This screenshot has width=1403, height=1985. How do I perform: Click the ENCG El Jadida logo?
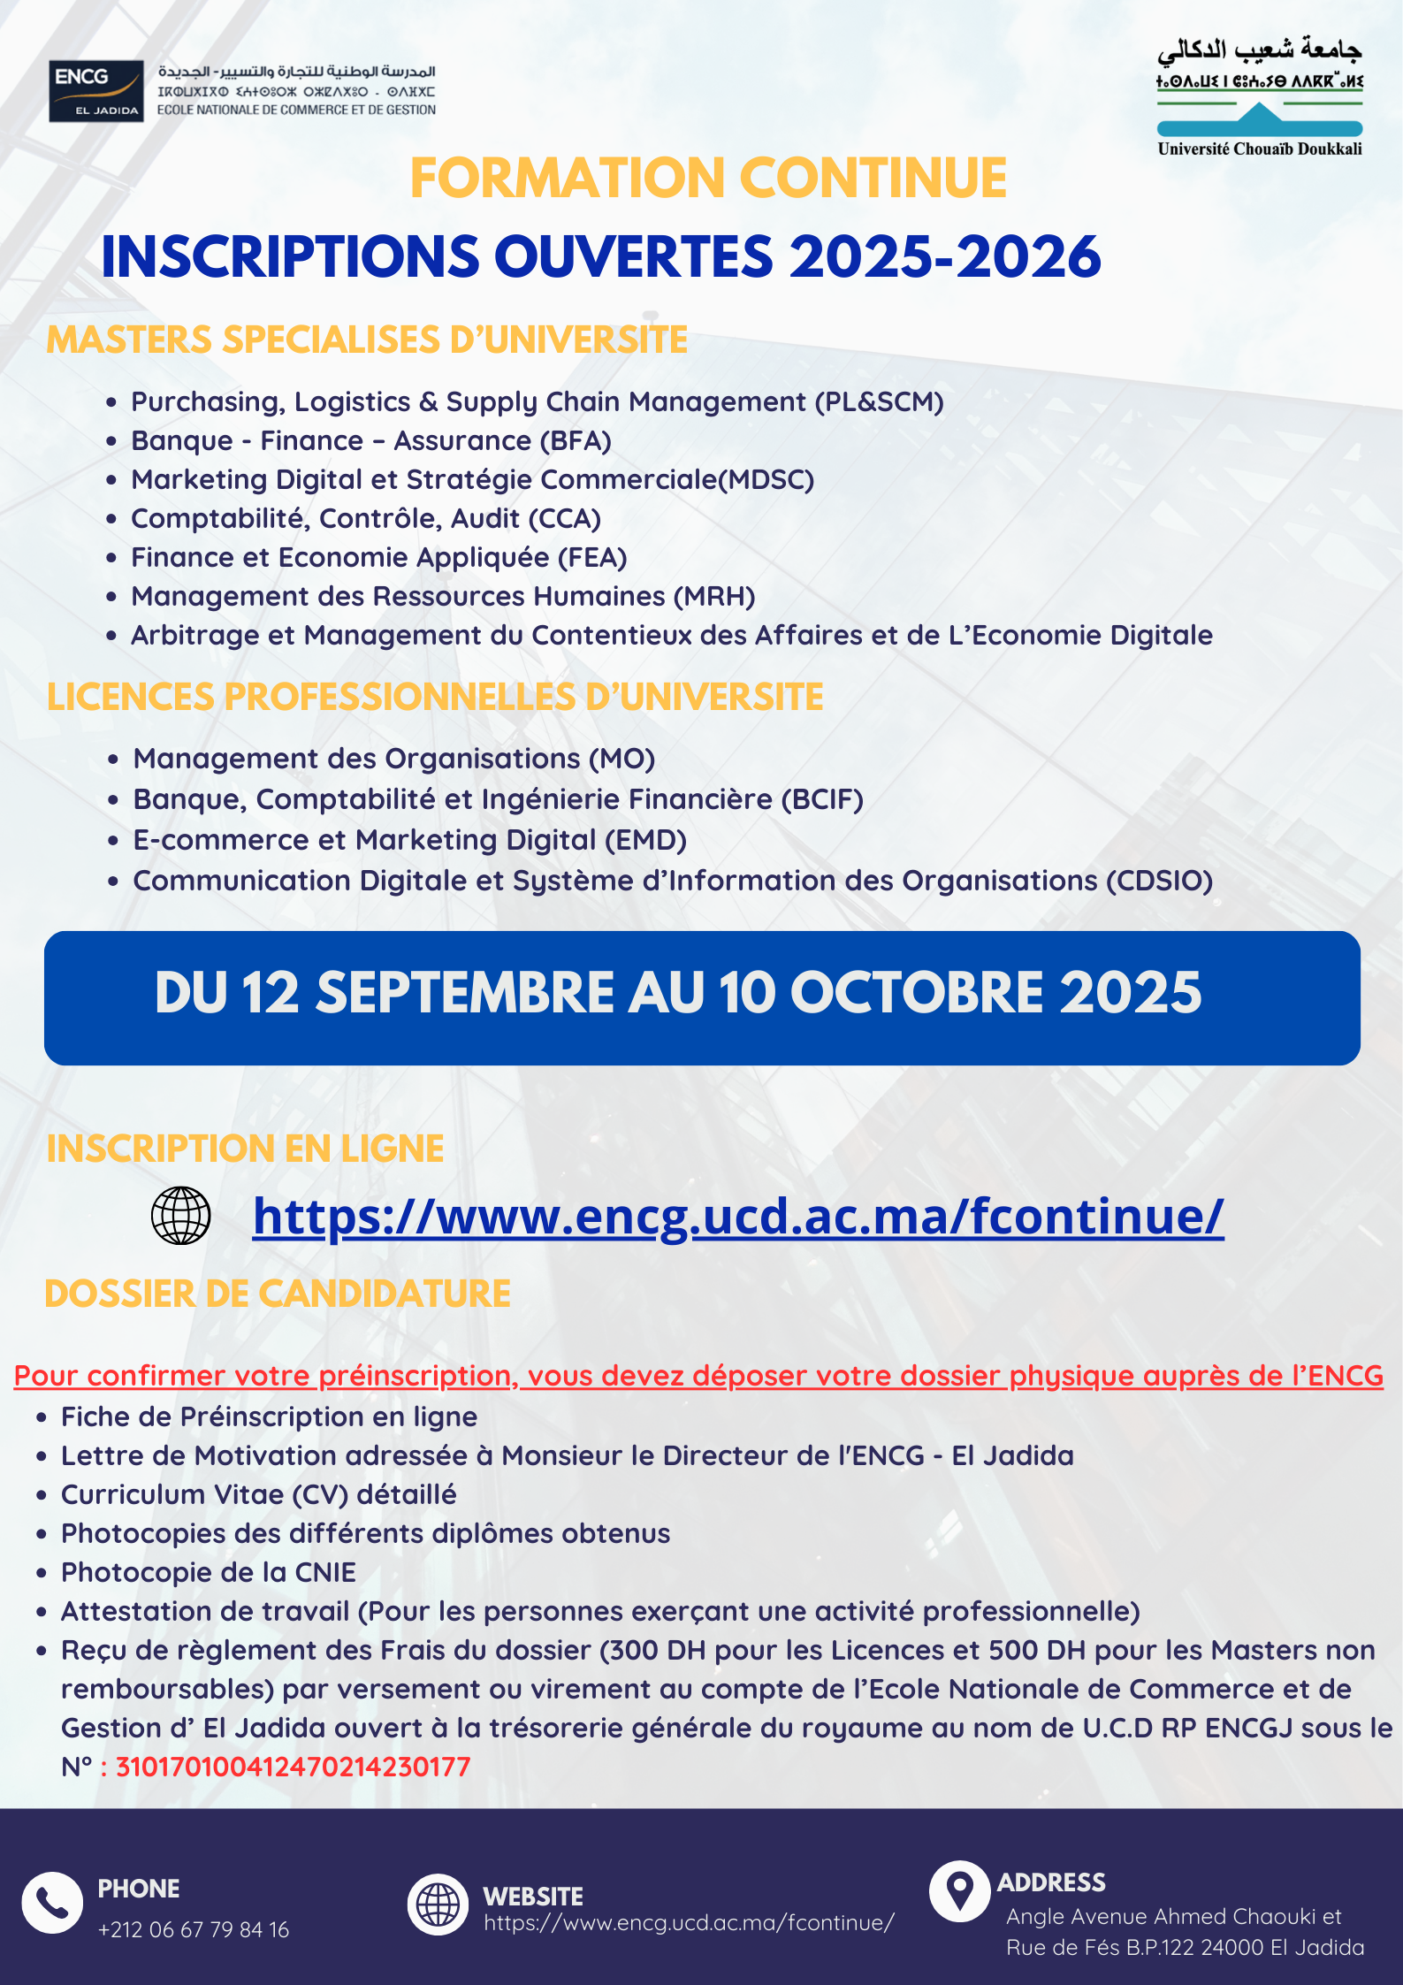pyautogui.click(x=96, y=91)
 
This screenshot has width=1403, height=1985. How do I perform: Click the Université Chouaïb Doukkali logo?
pyautogui.click(x=1260, y=98)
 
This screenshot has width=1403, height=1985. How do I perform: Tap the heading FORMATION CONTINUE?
pyautogui.click(x=708, y=179)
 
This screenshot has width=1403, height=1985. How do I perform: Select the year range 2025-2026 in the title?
pyautogui.click(x=944, y=257)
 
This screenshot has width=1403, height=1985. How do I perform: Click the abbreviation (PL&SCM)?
pyautogui.click(x=879, y=402)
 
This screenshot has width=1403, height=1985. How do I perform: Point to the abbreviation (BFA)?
pyautogui.click(x=576, y=441)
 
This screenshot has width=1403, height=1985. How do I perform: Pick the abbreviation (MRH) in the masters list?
pyautogui.click(x=714, y=597)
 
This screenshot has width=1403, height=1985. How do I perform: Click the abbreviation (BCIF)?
pyautogui.click(x=821, y=799)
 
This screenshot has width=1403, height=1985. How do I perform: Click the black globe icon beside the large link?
pyautogui.click(x=181, y=1216)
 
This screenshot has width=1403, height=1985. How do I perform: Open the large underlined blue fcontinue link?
pyautogui.click(x=738, y=1217)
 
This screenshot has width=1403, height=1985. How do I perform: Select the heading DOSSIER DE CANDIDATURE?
pyautogui.click(x=278, y=1294)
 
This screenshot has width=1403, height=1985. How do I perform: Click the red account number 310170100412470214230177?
pyautogui.click(x=294, y=1767)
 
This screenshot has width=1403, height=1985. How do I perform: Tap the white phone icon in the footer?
pyautogui.click(x=52, y=1903)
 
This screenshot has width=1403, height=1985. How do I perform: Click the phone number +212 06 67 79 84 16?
pyautogui.click(x=194, y=1929)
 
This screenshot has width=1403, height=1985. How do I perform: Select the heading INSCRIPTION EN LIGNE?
pyautogui.click(x=245, y=1149)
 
